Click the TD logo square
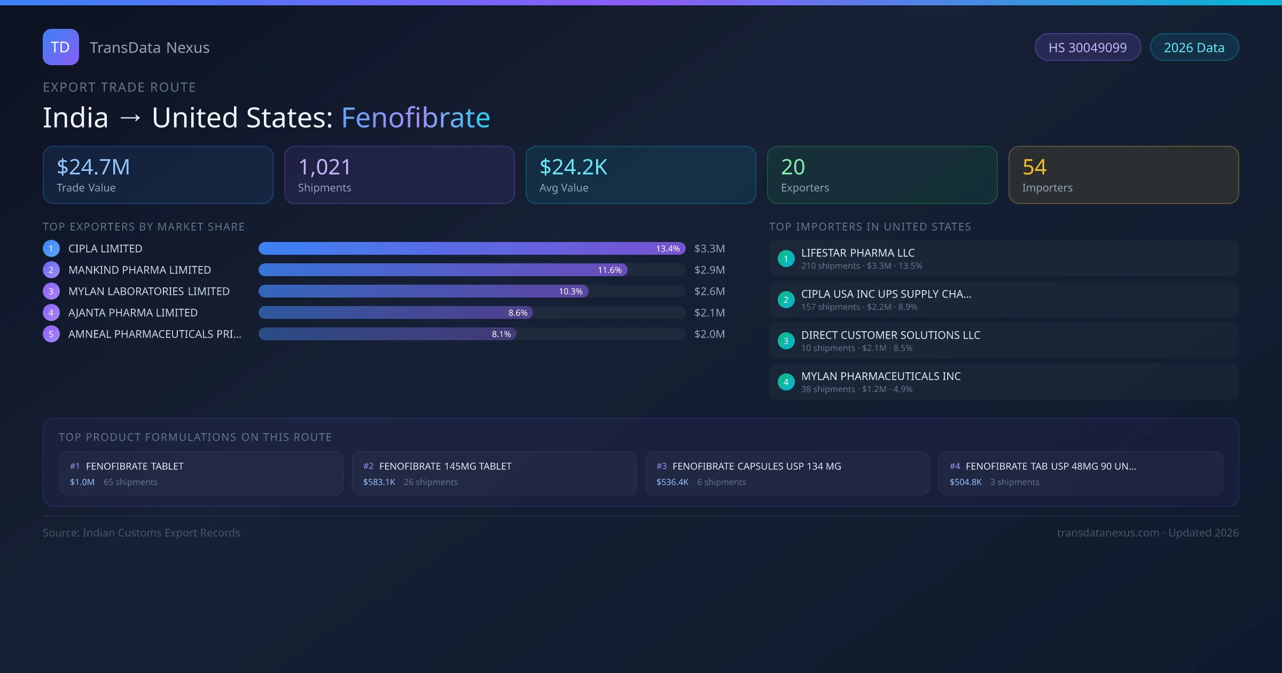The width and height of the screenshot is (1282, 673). [x=60, y=47]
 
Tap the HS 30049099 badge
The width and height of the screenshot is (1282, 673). [x=1087, y=48]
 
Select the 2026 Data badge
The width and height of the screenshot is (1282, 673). [x=1194, y=48]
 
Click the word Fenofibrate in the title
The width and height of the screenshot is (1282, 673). [x=416, y=118]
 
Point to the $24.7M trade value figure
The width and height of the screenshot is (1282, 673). [x=93, y=167]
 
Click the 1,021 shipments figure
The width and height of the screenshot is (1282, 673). [x=324, y=167]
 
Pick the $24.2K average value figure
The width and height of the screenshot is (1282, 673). [x=573, y=167]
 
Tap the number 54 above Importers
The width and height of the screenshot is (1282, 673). [x=1034, y=167]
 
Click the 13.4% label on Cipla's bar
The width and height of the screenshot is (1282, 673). [x=668, y=248]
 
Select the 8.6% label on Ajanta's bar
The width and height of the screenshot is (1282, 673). [x=518, y=312]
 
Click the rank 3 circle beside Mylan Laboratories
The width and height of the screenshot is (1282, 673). [x=51, y=291]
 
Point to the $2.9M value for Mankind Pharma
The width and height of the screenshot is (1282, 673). [x=709, y=270]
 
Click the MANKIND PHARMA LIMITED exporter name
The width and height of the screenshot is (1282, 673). [x=139, y=270]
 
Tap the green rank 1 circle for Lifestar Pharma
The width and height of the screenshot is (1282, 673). [x=786, y=259]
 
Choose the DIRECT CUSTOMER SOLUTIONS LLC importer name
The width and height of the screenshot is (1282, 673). [x=890, y=335]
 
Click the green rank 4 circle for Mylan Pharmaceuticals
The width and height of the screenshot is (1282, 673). [x=786, y=382]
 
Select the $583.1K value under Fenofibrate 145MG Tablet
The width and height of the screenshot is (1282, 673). [x=379, y=482]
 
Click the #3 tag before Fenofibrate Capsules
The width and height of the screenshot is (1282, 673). [x=661, y=466]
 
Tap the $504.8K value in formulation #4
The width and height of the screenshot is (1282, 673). [x=965, y=482]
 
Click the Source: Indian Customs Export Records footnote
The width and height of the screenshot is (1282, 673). [x=142, y=533]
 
